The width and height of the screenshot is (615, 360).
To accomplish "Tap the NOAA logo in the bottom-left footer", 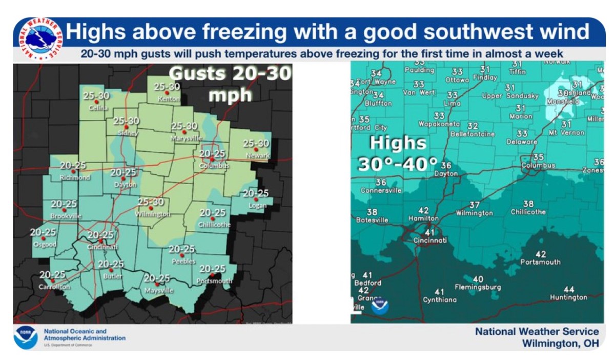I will (26, 337).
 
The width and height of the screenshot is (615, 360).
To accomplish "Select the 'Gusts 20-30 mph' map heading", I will (230, 84).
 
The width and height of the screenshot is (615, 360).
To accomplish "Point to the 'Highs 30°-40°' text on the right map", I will (398, 153).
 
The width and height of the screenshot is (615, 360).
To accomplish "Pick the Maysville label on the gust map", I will (159, 290).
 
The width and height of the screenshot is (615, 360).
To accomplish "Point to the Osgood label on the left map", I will (44, 244).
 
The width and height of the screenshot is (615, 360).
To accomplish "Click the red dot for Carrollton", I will (52, 281).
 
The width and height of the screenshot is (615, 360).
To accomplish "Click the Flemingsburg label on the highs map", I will (478, 287).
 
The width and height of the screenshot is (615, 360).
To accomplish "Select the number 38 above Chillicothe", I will (528, 204).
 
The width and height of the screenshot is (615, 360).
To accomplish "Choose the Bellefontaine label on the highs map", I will (473, 134).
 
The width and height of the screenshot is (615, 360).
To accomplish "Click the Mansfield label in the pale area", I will (563, 102).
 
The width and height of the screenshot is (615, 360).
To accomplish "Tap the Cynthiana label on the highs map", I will (439, 299).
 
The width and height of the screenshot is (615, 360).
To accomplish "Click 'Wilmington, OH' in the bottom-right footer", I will (560, 344).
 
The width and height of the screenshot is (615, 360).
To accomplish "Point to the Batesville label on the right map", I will (373, 220).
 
